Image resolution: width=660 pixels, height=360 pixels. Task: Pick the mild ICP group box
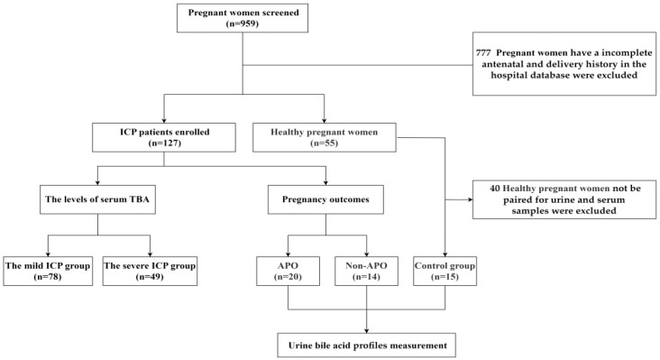click(47, 272)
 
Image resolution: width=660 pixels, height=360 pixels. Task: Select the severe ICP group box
click(151, 272)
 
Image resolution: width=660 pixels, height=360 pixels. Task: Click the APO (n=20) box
click(288, 272)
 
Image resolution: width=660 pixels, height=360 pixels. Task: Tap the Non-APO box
click(368, 272)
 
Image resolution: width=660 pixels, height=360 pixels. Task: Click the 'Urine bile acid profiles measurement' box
click(368, 345)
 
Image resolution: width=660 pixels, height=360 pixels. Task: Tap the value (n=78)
click(47, 279)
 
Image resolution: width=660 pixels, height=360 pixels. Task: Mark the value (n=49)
click(151, 279)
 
